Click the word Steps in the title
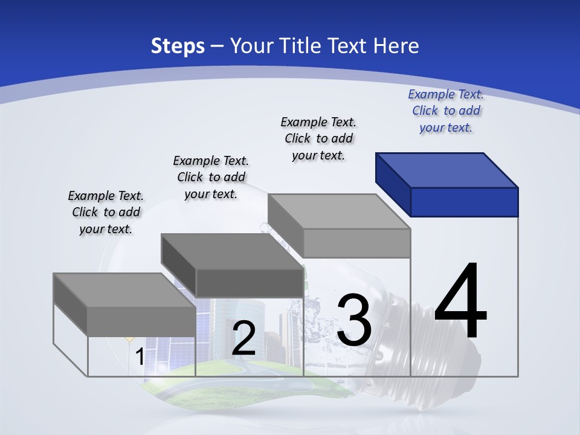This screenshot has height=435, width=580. point(178,46)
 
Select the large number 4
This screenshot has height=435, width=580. point(460,301)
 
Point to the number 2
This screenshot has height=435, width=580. point(243,338)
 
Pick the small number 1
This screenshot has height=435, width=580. point(140,357)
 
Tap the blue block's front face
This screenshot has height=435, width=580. point(464,202)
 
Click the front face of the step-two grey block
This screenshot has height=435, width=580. point(250,283)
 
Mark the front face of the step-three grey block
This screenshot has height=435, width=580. point(356,243)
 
